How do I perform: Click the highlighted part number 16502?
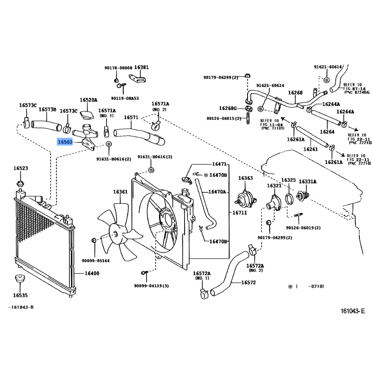point(65,142)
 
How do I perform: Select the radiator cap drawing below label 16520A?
point(87,114)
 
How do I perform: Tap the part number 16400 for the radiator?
point(92,273)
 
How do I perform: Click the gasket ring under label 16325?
point(289,199)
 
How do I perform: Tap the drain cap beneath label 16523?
point(21,183)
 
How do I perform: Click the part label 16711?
point(240,213)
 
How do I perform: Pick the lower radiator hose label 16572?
point(249,283)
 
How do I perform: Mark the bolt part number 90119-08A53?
point(125,98)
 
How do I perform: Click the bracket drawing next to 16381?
point(138,79)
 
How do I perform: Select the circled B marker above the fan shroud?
point(151,170)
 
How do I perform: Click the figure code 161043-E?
point(352,311)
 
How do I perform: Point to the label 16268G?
point(228,109)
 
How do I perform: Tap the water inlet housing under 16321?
point(274,203)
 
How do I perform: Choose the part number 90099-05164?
point(96,261)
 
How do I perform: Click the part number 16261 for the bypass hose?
point(311,149)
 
